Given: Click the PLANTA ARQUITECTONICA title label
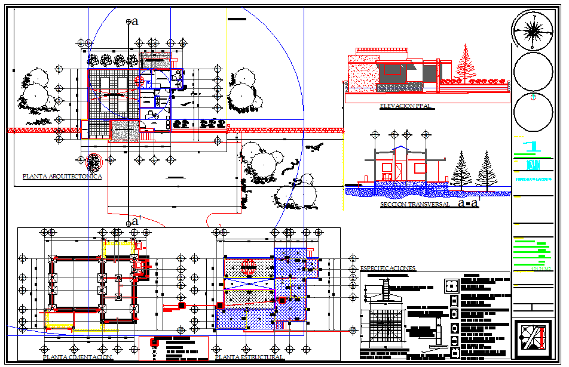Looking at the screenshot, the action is coord(62,177).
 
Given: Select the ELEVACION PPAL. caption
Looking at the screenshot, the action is coord(406,106).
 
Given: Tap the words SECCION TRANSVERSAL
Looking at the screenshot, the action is coord(415,205).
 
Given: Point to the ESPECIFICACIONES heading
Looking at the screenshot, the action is coord(388,269).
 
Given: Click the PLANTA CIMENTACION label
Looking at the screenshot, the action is coord(77,357).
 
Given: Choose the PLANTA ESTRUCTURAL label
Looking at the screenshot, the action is coord(249,357).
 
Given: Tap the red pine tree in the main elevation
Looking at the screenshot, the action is coord(464,64).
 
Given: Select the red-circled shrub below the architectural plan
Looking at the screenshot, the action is coord(93,162).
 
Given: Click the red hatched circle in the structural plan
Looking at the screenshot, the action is coord(248,266).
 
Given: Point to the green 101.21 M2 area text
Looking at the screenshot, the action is coord(541,269).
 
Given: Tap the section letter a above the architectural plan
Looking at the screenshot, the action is coord(135,22).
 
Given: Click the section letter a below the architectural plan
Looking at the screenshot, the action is coord(135,221).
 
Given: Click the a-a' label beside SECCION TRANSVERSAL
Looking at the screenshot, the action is coord(468,203).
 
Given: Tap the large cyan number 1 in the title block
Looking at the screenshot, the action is coord(530,147).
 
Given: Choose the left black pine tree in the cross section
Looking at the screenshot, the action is coord(461,169).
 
